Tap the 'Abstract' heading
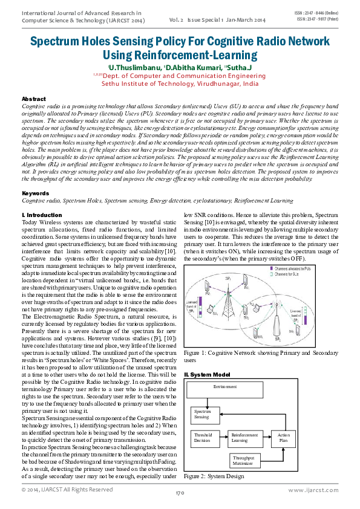[33, 99]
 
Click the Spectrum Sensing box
[203, 414]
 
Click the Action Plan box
[283, 438]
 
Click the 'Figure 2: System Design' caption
[214, 476]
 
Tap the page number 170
[180, 493]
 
